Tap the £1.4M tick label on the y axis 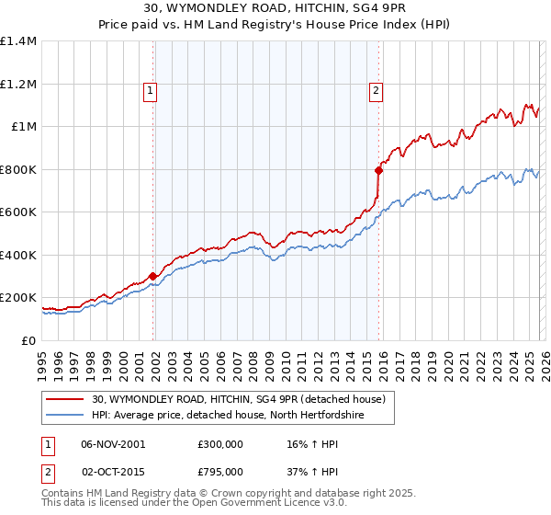coord(18,41)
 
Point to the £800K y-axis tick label coord(18,169)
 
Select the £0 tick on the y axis coord(29,340)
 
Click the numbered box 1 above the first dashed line coord(149,90)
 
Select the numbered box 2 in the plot coord(377,90)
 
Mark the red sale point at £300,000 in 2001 coord(152,276)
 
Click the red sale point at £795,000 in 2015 coord(378,170)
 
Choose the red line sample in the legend coord(66,399)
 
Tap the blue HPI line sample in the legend coord(66,415)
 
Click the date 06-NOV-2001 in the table coord(113,444)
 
